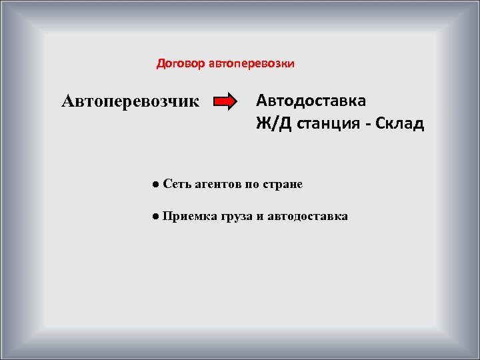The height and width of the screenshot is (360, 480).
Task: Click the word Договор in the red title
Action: pyautogui.click(x=181, y=64)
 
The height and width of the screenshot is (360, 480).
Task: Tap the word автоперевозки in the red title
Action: pyautogui.click(x=251, y=64)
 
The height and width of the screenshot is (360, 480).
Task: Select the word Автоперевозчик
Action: pyautogui.click(x=130, y=101)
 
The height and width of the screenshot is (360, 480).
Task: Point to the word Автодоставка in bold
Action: pyautogui.click(x=311, y=101)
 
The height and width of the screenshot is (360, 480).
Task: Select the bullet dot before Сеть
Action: pyautogui.click(x=154, y=183)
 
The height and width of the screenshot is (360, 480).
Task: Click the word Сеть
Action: pyautogui.click(x=176, y=183)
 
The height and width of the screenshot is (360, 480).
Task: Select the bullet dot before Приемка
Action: pyautogui.click(x=154, y=216)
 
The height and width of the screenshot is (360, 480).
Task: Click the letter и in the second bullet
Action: pyautogui.click(x=260, y=217)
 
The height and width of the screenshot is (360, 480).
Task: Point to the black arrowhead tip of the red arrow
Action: pyautogui.click(x=237, y=102)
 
